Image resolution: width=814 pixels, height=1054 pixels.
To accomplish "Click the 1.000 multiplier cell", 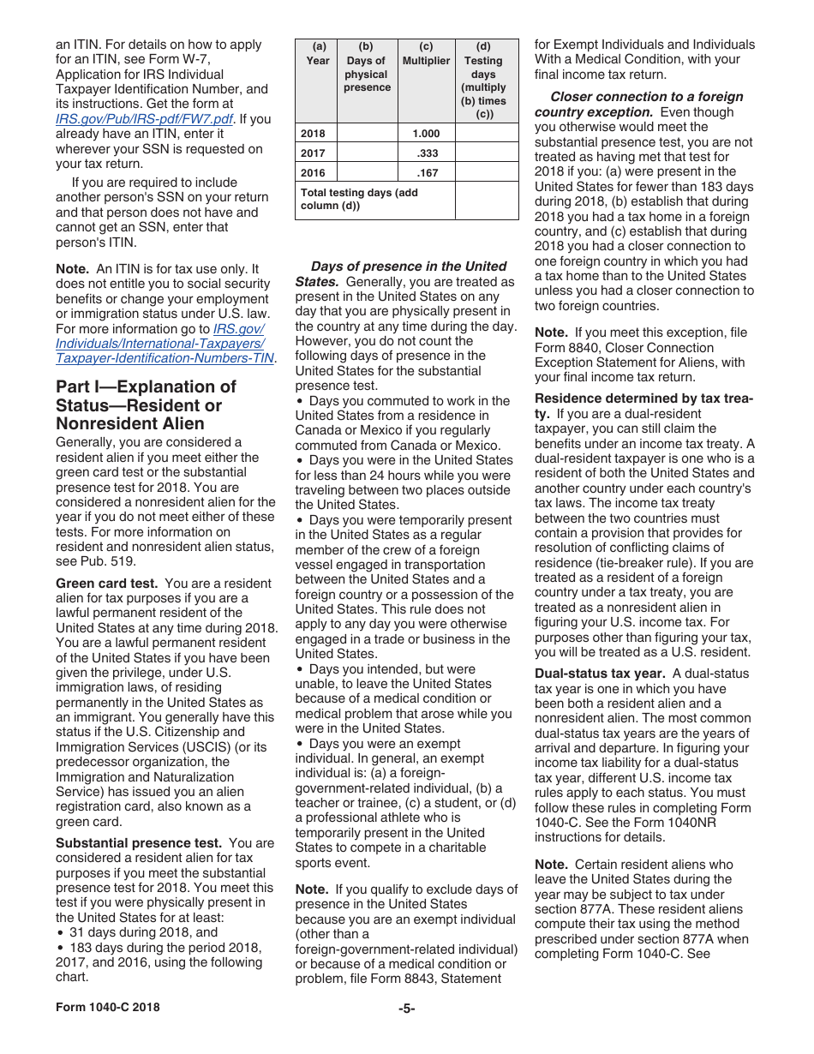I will click(x=426, y=134).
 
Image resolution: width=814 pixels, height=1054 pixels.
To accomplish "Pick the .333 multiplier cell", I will click(x=427, y=153).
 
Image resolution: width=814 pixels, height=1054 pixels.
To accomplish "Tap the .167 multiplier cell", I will click(x=427, y=172).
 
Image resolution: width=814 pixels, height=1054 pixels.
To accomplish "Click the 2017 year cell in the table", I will click(x=314, y=153).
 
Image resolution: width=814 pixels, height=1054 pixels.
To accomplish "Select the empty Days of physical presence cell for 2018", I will click(x=367, y=134).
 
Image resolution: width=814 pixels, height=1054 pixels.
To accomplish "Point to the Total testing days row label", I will click(x=360, y=199).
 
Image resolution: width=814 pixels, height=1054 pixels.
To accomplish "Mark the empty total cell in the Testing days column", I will click(x=486, y=200).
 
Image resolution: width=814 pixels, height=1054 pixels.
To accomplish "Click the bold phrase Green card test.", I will click(x=106, y=584).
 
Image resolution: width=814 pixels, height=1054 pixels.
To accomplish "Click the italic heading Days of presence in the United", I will click(x=409, y=266).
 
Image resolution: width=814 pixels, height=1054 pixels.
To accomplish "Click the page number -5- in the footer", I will click(x=406, y=1008).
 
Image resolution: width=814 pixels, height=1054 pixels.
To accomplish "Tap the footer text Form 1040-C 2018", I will click(x=107, y=1008).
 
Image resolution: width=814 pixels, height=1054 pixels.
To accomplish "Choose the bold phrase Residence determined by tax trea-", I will click(x=643, y=398).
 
